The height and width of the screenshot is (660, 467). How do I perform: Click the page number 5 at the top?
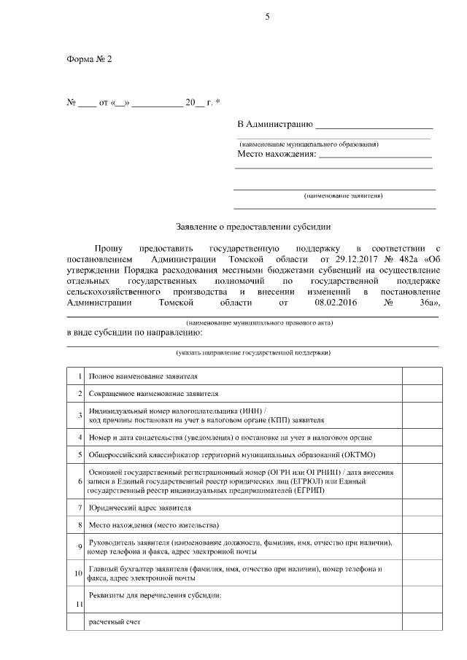267,17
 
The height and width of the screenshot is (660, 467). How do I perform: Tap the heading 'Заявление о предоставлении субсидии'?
253,226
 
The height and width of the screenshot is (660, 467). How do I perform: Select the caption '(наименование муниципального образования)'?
309,144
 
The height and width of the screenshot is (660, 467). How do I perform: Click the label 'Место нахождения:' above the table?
277,154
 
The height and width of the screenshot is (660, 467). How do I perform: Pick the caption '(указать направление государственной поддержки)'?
252,352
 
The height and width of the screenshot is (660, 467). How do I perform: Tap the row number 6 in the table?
79,481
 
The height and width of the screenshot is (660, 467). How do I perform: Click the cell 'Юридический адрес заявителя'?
140,507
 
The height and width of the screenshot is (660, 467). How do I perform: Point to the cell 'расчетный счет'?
114,623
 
